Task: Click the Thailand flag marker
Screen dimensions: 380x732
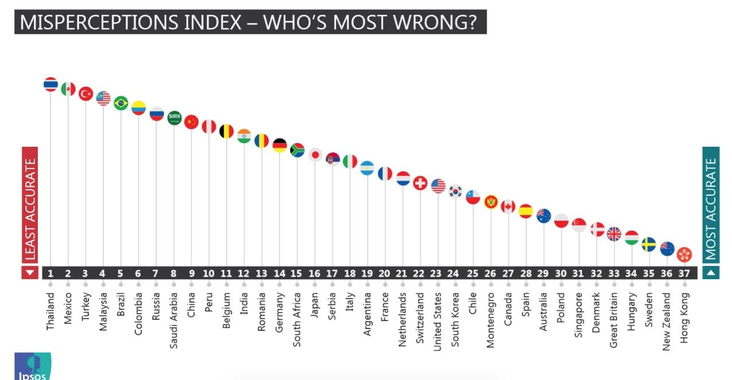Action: (x=50, y=84)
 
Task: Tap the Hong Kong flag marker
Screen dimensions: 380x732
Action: (x=684, y=254)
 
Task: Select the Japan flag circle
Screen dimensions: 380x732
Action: (x=315, y=155)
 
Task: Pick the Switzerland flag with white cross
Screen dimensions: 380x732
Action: (x=420, y=183)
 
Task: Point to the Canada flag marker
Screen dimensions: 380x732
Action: (x=508, y=206)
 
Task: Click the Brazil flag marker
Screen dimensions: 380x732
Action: (x=121, y=103)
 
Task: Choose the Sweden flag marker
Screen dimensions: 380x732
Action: (x=649, y=245)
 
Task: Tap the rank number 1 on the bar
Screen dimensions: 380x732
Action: (x=50, y=273)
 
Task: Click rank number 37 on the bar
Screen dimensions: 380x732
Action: (x=684, y=273)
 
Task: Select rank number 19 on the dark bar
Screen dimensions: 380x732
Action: (x=367, y=273)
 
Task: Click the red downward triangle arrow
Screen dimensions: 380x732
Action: (x=30, y=273)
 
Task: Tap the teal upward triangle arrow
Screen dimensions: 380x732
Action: (x=711, y=273)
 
